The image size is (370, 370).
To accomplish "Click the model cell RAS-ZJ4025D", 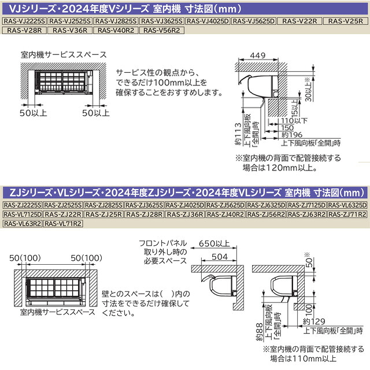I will click(x=185, y=205).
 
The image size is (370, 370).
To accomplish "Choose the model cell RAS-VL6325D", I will click(x=347, y=205).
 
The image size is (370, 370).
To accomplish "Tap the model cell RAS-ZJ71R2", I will click(x=347, y=214).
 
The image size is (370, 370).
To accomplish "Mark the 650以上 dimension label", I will click(x=214, y=243).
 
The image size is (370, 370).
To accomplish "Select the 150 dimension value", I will click(x=280, y=128).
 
